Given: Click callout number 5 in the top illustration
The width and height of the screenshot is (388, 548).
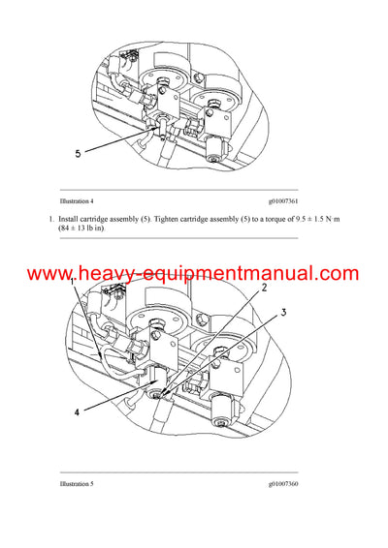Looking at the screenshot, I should [78, 153].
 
